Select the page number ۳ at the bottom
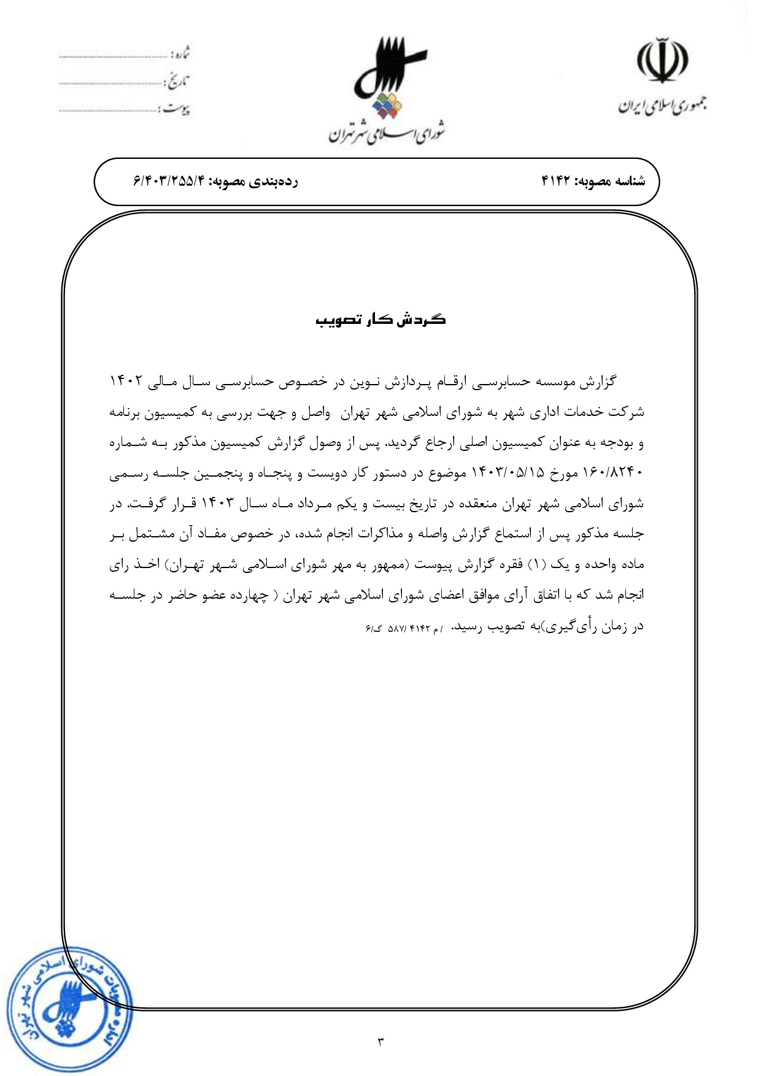click(380, 1041)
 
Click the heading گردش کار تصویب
click(381, 320)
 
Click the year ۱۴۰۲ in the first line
click(126, 381)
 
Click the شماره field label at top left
click(181, 54)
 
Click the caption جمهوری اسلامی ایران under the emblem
click(662, 106)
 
